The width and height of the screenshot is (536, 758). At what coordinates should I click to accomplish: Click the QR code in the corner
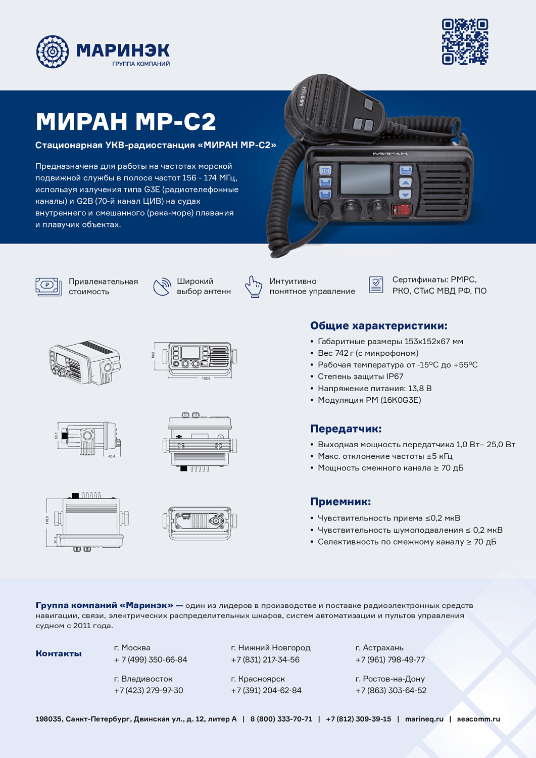(465, 41)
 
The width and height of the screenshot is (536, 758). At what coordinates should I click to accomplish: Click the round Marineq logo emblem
(52, 52)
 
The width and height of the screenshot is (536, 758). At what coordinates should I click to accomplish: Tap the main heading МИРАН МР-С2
(126, 121)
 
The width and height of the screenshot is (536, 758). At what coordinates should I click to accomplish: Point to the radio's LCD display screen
(365, 179)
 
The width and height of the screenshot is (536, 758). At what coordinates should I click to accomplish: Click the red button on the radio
(402, 210)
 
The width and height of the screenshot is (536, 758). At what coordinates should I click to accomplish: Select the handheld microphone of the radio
(333, 109)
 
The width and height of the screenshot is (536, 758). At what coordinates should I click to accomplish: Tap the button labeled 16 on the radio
(325, 171)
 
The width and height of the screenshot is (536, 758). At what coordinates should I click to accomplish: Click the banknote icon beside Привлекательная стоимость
(48, 286)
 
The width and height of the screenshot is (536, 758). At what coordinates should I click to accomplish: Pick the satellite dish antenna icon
(162, 287)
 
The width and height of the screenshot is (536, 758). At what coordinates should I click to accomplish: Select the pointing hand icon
(254, 287)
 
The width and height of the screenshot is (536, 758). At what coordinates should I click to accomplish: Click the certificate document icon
(376, 285)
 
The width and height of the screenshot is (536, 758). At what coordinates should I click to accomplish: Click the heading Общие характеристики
(378, 325)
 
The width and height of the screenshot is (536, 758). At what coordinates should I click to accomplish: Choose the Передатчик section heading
(346, 429)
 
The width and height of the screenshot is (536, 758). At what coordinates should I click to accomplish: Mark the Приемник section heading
(340, 501)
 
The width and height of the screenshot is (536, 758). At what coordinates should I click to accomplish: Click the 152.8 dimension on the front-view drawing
(206, 378)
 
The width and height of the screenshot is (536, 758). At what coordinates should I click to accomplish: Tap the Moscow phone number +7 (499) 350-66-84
(151, 659)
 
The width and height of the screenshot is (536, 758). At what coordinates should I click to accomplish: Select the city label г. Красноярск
(258, 679)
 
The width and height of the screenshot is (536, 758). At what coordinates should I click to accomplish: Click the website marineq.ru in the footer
(424, 719)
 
